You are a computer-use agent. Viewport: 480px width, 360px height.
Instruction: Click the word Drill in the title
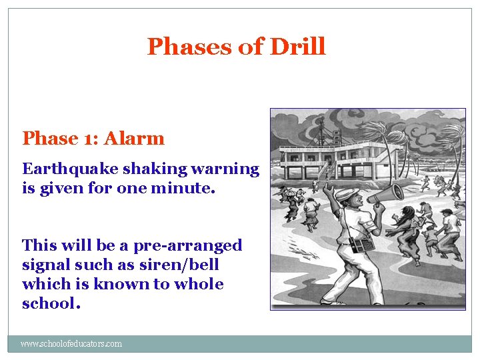click(297, 47)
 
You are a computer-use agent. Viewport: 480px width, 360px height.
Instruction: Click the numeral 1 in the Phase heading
click(91, 139)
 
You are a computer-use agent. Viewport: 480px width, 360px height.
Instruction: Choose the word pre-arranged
click(188, 245)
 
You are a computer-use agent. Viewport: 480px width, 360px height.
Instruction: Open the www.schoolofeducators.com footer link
click(71, 344)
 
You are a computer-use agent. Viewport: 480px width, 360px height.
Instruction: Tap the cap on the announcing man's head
click(346, 193)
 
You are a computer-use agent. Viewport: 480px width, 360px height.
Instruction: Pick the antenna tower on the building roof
click(321, 130)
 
